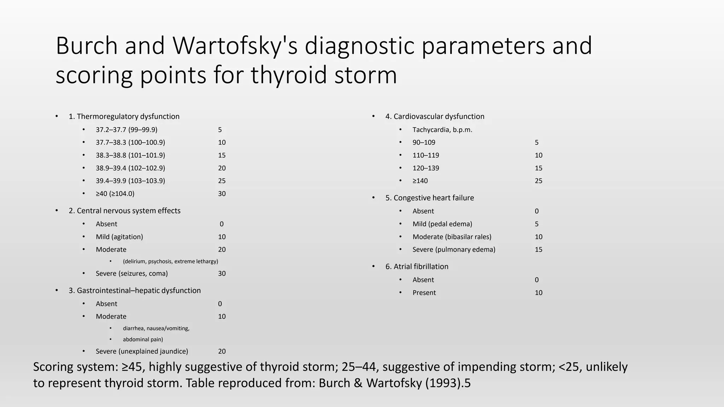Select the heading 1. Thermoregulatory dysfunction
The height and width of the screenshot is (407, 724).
pyautogui.click(x=124, y=117)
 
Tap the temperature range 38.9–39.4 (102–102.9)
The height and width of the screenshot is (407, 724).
pyautogui.click(x=130, y=168)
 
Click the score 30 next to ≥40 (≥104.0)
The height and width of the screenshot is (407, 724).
pyautogui.click(x=222, y=194)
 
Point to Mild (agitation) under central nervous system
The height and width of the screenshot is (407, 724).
pyautogui.click(x=119, y=237)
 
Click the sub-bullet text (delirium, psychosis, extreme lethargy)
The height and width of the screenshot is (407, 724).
pyautogui.click(x=170, y=261)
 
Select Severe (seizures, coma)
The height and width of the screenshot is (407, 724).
pyautogui.click(x=132, y=273)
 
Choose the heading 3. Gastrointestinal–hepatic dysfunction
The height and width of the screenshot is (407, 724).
pyautogui.click(x=135, y=290)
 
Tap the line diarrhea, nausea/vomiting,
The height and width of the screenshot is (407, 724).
pyautogui.click(x=156, y=329)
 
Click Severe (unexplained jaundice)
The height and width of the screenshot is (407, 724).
pyautogui.click(x=142, y=351)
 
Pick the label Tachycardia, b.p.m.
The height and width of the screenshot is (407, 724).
pyautogui.click(x=442, y=130)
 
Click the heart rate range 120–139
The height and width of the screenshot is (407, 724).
pyautogui.click(x=426, y=168)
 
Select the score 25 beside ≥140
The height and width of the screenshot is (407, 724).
pyautogui.click(x=538, y=181)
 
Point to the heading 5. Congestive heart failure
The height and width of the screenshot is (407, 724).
pyautogui.click(x=430, y=198)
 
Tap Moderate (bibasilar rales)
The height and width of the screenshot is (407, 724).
pyautogui.click(x=452, y=237)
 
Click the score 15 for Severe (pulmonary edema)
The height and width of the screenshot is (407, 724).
pyautogui.click(x=538, y=249)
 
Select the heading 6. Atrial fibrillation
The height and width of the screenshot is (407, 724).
pyautogui.click(x=417, y=266)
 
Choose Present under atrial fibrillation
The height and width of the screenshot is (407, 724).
pyautogui.click(x=424, y=293)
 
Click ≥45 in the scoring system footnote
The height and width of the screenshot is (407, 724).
pyautogui.click(x=132, y=367)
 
